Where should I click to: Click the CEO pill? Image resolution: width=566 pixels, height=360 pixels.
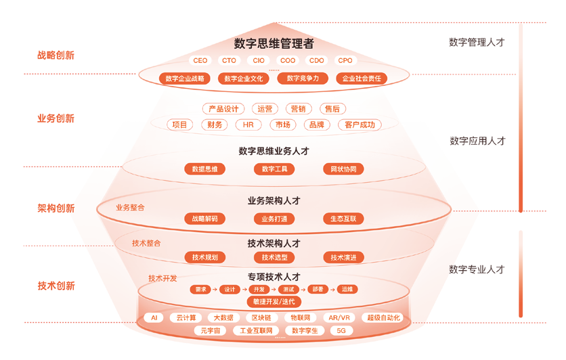pyautogui.click(x=200, y=61)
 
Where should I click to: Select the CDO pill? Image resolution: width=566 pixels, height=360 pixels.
pyautogui.click(x=316, y=61)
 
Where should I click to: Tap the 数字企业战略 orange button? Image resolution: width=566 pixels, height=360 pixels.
pyautogui.click(x=184, y=78)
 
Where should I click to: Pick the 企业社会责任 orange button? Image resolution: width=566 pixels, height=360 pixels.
pyautogui.click(x=362, y=78)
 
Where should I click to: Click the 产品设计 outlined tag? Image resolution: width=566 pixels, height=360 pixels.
pyautogui.click(x=223, y=109)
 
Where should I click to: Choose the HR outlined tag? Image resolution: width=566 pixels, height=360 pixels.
pyautogui.click(x=248, y=125)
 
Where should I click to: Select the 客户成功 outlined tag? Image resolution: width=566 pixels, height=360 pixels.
pyautogui.click(x=359, y=125)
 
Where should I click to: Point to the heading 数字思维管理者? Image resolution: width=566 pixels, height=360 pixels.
pyautogui.click(x=274, y=44)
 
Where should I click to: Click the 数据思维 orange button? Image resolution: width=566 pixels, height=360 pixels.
pyautogui.click(x=204, y=169)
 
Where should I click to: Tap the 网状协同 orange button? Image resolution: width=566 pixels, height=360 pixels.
pyautogui.click(x=343, y=169)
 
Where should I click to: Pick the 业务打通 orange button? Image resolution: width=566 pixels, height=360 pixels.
pyautogui.click(x=274, y=219)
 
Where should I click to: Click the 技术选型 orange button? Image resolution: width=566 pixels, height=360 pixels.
pyautogui.click(x=274, y=258)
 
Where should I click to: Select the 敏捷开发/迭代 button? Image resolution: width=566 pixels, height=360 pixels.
pyautogui.click(x=274, y=302)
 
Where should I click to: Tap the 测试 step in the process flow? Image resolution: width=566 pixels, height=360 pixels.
pyautogui.click(x=288, y=290)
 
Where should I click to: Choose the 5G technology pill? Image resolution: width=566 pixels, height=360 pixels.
pyautogui.click(x=341, y=331)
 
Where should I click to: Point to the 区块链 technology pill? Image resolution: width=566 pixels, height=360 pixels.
pyautogui.click(x=261, y=318)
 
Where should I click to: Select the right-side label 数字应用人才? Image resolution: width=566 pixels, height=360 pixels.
pyautogui.click(x=477, y=141)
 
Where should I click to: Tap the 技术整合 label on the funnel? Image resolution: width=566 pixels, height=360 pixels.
pyautogui.click(x=146, y=243)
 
